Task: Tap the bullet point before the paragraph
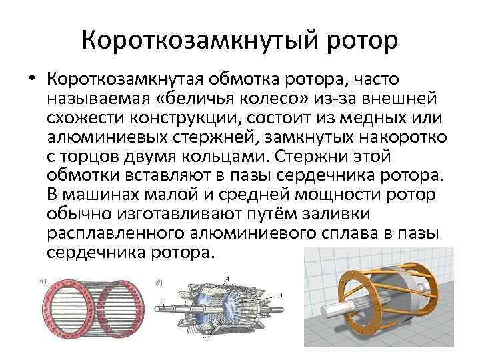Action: (31, 81)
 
